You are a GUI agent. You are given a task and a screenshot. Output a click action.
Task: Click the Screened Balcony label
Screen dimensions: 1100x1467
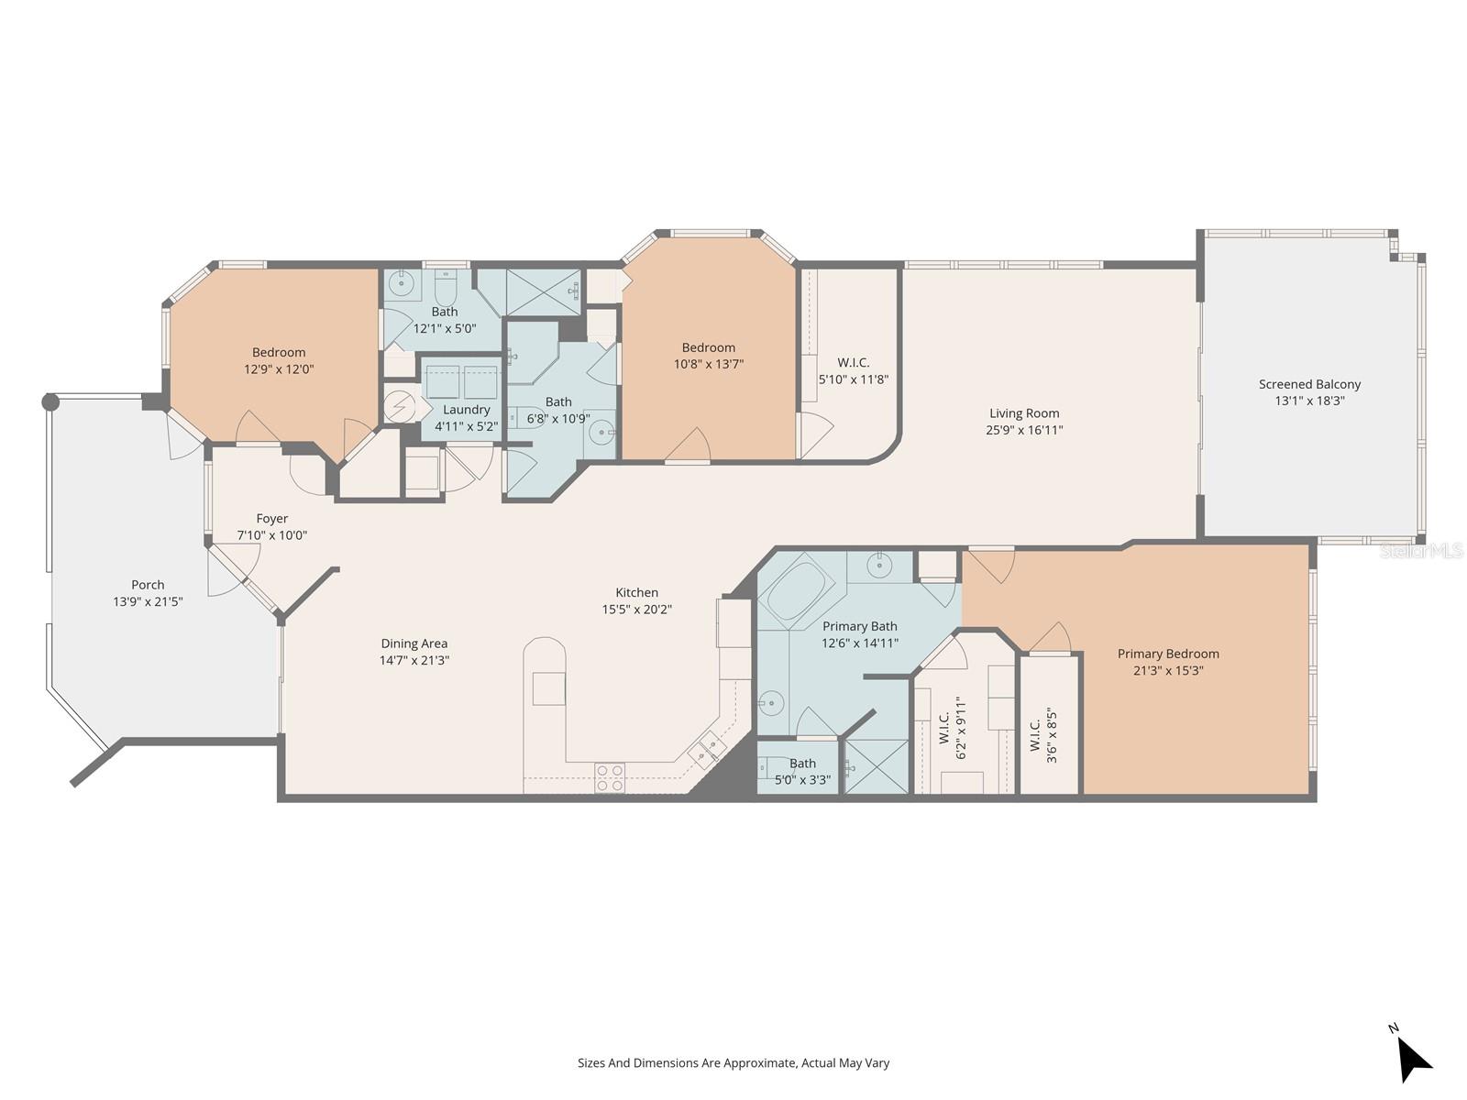(x=1309, y=384)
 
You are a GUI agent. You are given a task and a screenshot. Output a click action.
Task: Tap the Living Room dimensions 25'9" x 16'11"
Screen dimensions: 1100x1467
(x=1024, y=430)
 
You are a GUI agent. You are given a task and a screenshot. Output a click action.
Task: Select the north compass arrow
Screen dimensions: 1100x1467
(x=1413, y=1060)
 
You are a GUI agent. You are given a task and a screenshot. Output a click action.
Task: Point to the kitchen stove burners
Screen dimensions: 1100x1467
(x=610, y=777)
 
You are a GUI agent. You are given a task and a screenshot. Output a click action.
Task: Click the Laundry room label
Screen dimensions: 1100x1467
(x=466, y=410)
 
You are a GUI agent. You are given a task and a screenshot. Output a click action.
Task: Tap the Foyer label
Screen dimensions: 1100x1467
(x=271, y=519)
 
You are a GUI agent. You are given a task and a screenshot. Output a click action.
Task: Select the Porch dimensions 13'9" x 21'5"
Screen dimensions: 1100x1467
(x=148, y=601)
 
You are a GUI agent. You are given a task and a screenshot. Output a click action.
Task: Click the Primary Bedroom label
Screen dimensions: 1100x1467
(x=1168, y=654)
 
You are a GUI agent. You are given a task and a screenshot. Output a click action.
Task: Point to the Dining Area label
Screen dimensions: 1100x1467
(x=414, y=643)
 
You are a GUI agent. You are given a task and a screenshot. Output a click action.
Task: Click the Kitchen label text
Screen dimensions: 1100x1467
(x=636, y=592)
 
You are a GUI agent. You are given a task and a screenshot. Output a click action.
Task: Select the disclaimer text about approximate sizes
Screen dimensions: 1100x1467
(x=733, y=1063)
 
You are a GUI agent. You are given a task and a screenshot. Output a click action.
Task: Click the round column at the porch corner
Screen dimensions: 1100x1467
(x=50, y=401)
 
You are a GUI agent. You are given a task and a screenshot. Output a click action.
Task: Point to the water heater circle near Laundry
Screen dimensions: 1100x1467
(x=399, y=406)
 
